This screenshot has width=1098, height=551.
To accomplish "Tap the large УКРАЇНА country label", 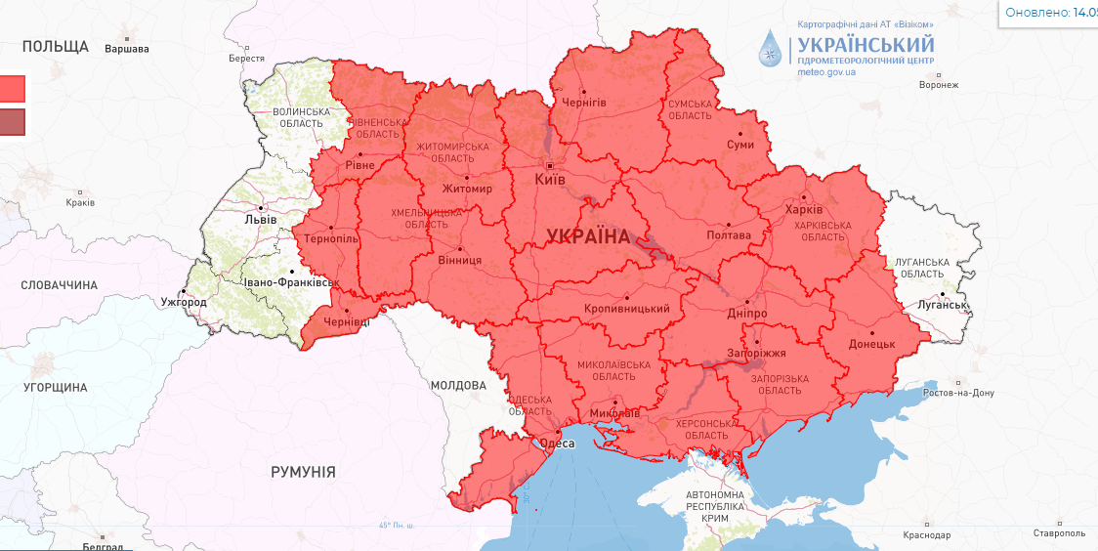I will (588, 236).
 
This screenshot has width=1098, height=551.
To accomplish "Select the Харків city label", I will (803, 210).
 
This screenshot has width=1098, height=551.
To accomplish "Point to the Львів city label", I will (260, 219).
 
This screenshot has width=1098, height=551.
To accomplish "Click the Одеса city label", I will (557, 444).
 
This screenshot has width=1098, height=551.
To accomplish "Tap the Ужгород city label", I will (184, 302).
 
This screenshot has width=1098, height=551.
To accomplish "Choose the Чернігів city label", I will (584, 103).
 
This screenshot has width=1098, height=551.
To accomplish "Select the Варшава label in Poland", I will (127, 48).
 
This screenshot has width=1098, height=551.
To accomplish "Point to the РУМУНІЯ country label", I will (303, 472).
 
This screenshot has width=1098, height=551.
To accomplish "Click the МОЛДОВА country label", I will (458, 386).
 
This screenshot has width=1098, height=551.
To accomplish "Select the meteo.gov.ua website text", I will (826, 71).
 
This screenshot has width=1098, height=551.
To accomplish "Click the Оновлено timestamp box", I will (1048, 13).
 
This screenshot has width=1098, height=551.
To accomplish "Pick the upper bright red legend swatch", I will (12, 89).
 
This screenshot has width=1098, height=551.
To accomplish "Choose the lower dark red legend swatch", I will (12, 122).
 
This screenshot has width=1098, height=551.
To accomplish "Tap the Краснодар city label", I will (927, 534).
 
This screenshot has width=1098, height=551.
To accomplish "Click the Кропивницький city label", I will (626, 309).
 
